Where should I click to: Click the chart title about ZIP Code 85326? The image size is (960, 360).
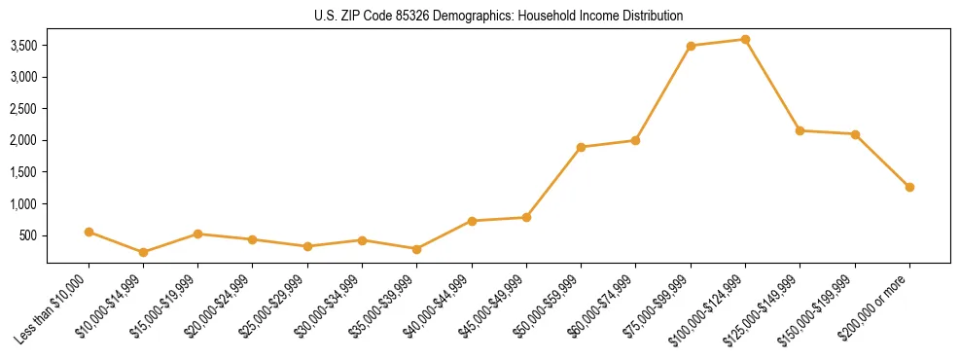498,17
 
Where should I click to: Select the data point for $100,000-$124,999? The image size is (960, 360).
745,40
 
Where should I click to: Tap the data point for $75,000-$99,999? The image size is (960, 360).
691,46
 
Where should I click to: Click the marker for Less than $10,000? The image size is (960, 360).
89,232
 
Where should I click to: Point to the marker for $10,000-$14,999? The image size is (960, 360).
143,252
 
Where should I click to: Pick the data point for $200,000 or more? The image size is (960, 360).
909,187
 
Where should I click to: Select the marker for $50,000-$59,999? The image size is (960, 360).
581,147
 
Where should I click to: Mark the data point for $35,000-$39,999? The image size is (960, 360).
416,249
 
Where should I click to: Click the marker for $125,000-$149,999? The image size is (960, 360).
800,130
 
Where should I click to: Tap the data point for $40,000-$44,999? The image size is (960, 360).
472,221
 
